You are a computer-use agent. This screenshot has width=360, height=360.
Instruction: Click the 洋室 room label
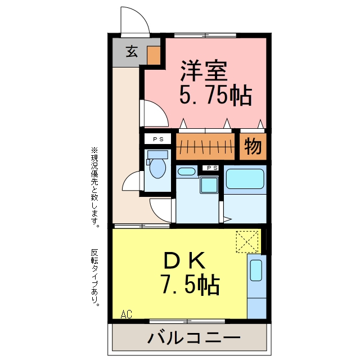(204, 71)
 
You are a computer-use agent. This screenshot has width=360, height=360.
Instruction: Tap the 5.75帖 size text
(215, 95)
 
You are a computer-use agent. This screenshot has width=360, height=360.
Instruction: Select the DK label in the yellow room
(184, 260)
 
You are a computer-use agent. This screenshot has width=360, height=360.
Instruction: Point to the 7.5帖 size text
(190, 284)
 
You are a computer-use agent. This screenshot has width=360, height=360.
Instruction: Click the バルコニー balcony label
(193, 337)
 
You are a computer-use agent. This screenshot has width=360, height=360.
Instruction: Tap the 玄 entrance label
(132, 51)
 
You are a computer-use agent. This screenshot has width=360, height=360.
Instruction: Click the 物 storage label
(253, 146)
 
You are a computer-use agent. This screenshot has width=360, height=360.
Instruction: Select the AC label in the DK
(126, 314)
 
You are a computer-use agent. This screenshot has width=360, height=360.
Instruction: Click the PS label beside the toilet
(158, 139)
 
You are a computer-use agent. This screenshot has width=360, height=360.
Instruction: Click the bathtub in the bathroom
(245, 179)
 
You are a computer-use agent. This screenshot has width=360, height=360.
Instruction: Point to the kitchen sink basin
(256, 271)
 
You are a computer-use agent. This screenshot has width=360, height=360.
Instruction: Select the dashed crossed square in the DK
(247, 242)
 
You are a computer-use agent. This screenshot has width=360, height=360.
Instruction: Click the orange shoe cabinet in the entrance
(154, 56)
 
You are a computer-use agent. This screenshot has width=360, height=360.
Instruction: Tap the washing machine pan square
(209, 185)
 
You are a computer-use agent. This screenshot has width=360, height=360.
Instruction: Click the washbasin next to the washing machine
(187, 172)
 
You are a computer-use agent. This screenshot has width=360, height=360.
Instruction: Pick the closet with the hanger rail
(205, 146)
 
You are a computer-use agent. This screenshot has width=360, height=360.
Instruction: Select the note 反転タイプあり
(95, 277)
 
